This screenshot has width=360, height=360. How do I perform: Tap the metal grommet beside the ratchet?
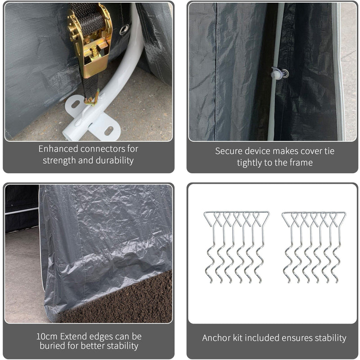click(124, 29)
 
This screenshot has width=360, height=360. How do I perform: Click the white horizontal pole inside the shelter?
click(21, 210)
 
